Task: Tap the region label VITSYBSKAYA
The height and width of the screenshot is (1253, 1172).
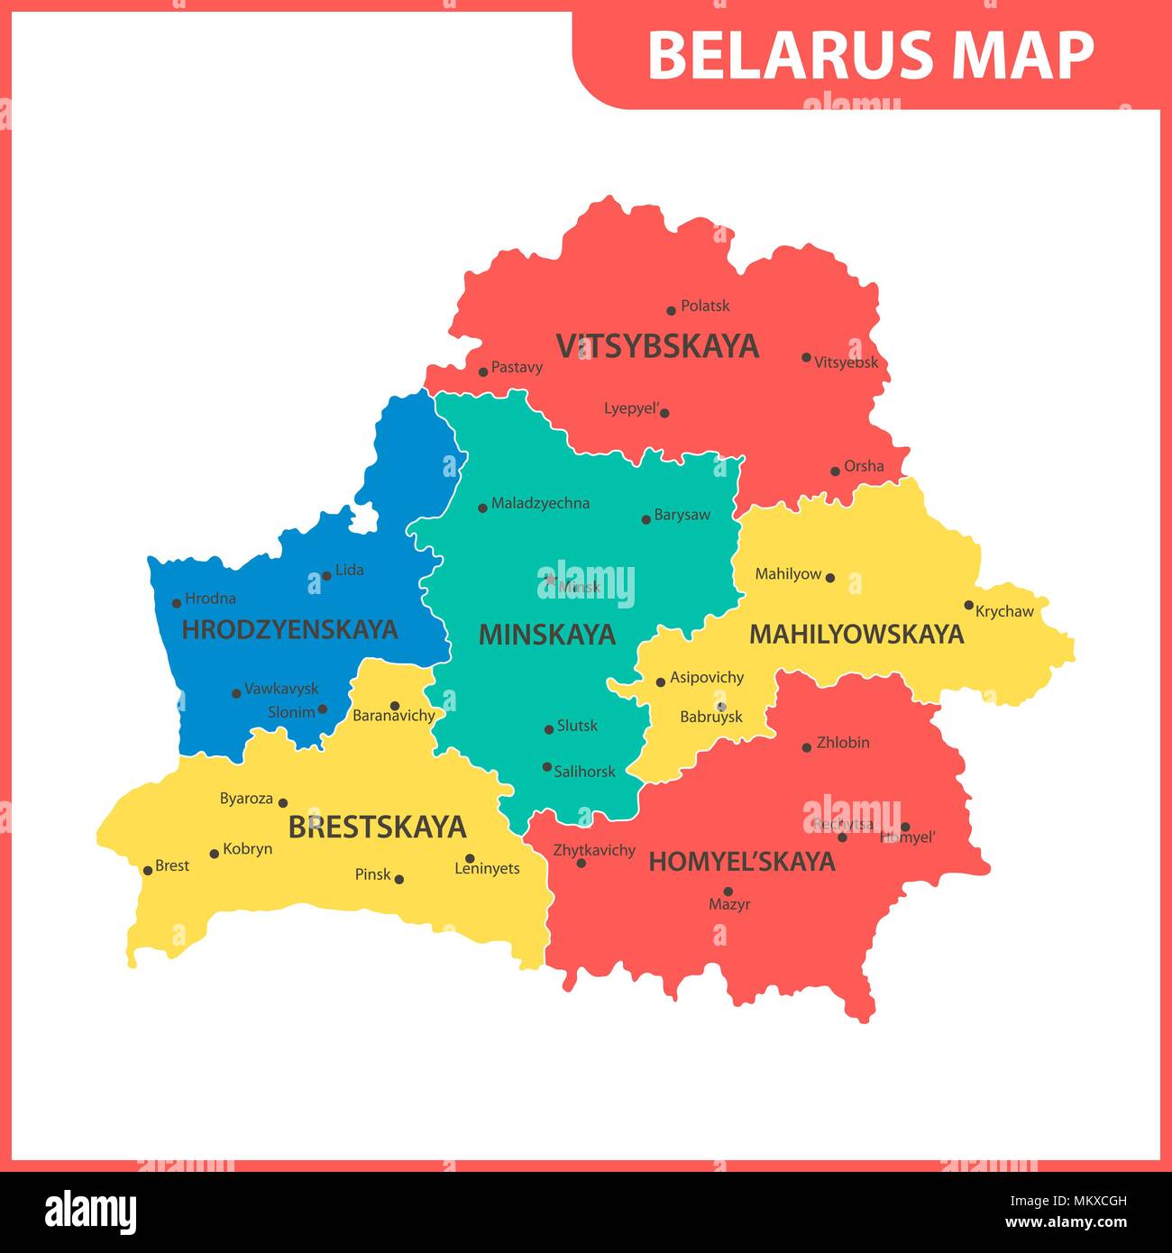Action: pyautogui.click(x=657, y=346)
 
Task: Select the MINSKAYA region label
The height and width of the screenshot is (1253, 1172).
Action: pyautogui.click(x=546, y=635)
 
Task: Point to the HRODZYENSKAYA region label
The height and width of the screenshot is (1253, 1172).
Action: pyautogui.click(x=289, y=629)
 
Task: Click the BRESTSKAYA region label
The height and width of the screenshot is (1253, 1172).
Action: pyautogui.click(x=377, y=828)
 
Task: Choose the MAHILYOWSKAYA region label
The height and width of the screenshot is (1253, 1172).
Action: pyautogui.click(x=856, y=635)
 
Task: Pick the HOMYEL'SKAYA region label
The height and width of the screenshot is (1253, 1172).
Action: pyautogui.click(x=742, y=862)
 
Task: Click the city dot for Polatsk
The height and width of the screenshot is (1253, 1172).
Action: pyautogui.click(x=671, y=311)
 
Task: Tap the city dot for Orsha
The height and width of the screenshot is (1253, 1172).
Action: pyautogui.click(x=835, y=471)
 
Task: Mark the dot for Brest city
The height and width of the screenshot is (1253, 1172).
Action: pyautogui.click(x=148, y=871)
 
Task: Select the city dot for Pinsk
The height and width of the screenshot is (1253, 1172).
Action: pyautogui.click(x=399, y=879)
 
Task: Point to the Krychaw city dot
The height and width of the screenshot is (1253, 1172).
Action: pyautogui.click(x=969, y=606)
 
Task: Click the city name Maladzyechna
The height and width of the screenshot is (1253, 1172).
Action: pyautogui.click(x=540, y=503)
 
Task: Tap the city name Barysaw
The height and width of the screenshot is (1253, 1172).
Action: pyautogui.click(x=682, y=515)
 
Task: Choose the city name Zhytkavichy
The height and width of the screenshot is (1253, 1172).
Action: pyautogui.click(x=594, y=849)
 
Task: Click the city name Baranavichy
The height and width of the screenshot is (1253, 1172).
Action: pyautogui.click(x=394, y=716)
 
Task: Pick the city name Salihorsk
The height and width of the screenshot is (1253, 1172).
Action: pyautogui.click(x=584, y=771)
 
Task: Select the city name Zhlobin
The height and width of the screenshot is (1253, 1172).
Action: pyautogui.click(x=843, y=743)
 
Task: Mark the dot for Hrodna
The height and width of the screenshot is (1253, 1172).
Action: pyautogui.click(x=177, y=603)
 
